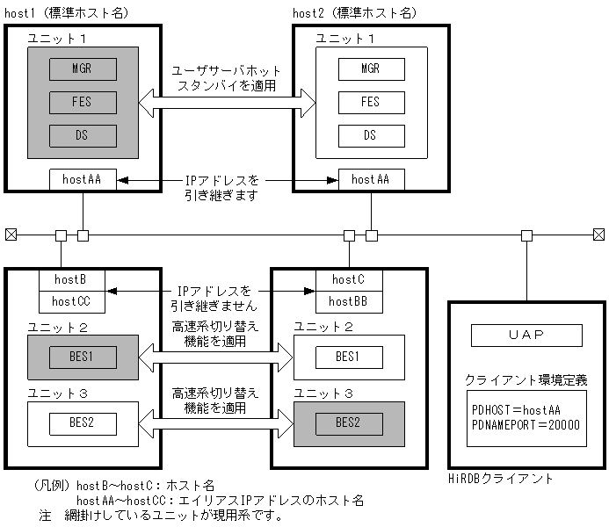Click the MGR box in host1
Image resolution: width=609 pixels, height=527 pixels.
point(83,69)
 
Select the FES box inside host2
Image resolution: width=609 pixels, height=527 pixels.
point(371,102)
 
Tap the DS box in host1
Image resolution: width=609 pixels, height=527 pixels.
point(83,136)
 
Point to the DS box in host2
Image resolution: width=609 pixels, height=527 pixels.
point(371,135)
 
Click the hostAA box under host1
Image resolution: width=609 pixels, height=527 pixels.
point(83,179)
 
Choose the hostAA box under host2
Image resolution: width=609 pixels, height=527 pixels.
point(371,179)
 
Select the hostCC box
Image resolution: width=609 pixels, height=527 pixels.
point(72,301)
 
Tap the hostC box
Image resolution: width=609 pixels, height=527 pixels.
point(348,281)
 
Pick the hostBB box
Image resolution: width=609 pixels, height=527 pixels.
point(348,301)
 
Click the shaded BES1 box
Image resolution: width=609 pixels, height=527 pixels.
point(83,357)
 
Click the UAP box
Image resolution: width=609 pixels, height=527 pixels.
point(526,336)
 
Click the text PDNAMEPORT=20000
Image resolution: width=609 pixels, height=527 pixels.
point(526,424)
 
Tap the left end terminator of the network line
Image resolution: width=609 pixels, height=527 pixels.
point(11,235)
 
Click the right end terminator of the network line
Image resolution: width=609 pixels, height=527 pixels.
point(598,235)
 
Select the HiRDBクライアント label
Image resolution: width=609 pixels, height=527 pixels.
point(501,479)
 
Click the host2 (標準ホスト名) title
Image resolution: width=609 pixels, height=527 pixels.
point(355,12)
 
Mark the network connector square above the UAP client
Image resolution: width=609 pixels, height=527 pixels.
point(526,235)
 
